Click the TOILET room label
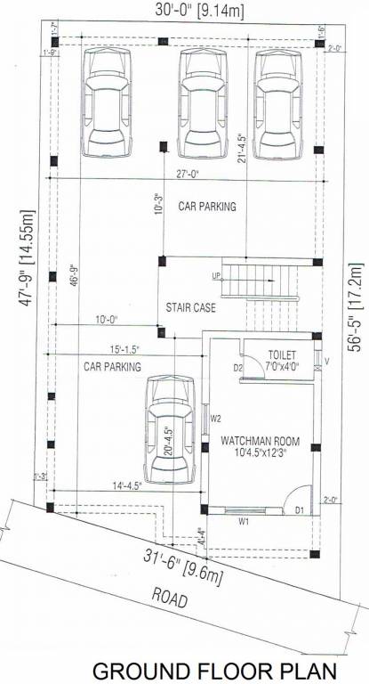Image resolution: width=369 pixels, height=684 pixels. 282,354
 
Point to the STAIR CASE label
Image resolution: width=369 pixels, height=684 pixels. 189,308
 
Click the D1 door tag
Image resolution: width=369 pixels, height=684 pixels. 300,510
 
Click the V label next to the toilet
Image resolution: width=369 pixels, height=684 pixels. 327,362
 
